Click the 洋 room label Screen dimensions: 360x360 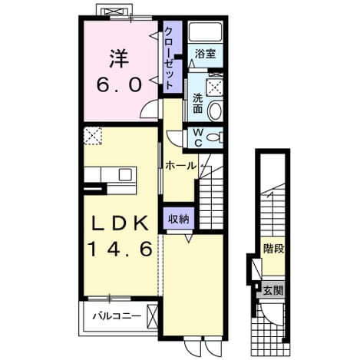pyautogui.click(x=119, y=59)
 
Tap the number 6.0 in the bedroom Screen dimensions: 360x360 pyautogui.click(x=119, y=84)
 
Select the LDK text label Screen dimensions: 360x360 pyautogui.click(x=120, y=223)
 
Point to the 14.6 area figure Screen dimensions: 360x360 pyautogui.click(x=121, y=249)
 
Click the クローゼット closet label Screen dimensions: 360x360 pyautogui.click(x=169, y=58)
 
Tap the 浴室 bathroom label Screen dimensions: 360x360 pyautogui.click(x=206, y=54)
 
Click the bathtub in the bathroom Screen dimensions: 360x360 pyautogui.click(x=205, y=31)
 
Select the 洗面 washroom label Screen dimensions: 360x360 pyautogui.click(x=197, y=104)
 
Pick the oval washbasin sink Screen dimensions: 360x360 pyautogui.click(x=215, y=111)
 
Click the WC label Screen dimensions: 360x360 pyautogui.click(x=198, y=137)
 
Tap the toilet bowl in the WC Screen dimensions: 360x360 pyautogui.click(x=214, y=137)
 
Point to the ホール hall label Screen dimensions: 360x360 pyautogui.click(x=180, y=166)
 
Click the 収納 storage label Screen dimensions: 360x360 pyautogui.click(x=179, y=219)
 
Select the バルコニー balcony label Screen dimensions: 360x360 pyautogui.click(x=117, y=316)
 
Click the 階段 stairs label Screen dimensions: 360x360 pyautogui.click(x=274, y=249)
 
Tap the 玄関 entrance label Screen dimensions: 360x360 pyautogui.click(x=273, y=290)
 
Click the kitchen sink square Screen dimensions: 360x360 pyautogui.click(x=125, y=174)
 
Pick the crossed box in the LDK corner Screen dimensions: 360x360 pyautogui.click(x=93, y=136)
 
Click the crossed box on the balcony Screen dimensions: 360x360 pyautogui.click(x=153, y=316)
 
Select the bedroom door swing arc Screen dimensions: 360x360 pyautogui.click(x=145, y=107)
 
